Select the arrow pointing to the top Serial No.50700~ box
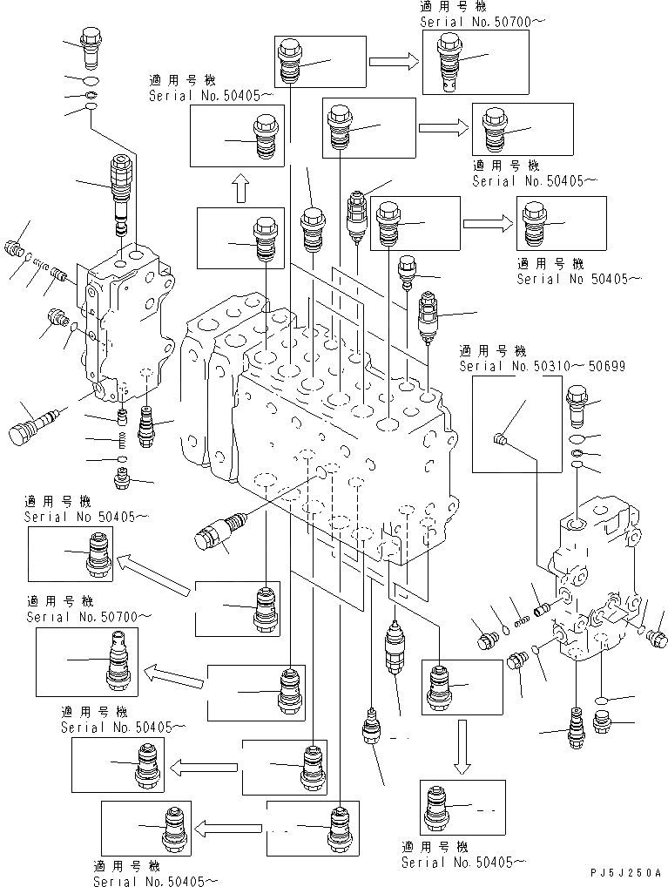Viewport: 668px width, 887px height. point(393,62)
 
